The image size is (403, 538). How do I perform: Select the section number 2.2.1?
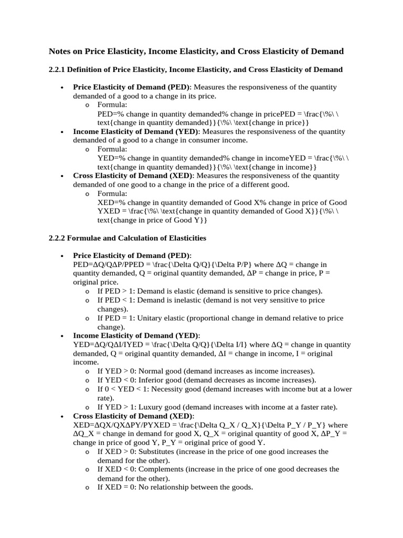tap(58, 69)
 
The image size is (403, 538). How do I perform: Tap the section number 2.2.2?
tap(58, 238)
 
